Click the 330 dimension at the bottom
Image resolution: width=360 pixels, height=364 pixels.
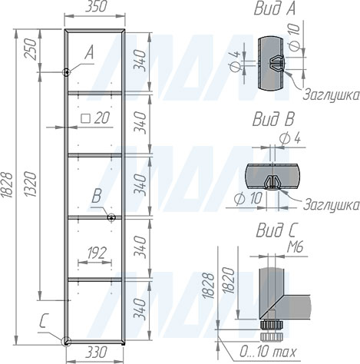(96, 352)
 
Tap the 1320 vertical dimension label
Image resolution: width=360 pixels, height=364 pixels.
(31, 184)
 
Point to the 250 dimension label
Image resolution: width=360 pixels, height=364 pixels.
(31, 49)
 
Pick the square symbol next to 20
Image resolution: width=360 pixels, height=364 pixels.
(85, 118)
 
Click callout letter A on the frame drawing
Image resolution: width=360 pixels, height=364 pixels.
(89, 54)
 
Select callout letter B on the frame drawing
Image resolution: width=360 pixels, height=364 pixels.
(97, 197)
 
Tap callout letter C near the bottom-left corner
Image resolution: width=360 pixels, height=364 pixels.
(43, 322)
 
